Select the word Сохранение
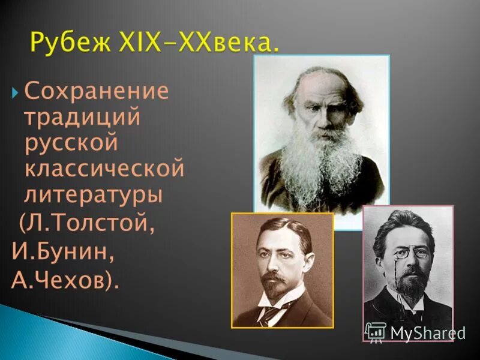(97, 92)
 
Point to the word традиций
(82, 117)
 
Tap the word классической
(104, 169)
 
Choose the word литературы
(93, 194)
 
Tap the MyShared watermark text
(427, 333)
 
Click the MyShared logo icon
(375, 332)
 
